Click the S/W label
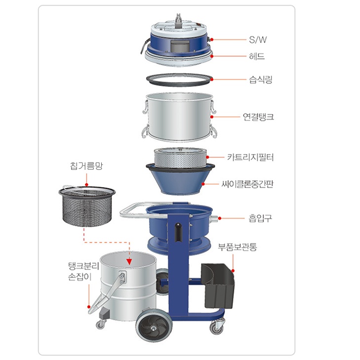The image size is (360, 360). coord(258,40)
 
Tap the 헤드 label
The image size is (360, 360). coord(257,56)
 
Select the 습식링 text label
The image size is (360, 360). coord(261,80)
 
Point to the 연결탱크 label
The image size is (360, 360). coord(258,117)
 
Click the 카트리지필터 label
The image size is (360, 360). coord(250,157)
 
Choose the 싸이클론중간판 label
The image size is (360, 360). coord(247,184)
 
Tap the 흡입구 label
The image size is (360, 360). coord(260,218)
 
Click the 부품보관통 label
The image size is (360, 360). coord(237,247)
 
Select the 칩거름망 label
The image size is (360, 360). coord(86,166)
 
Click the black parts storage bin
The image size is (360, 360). coord(218,286)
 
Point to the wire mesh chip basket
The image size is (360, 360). coord(87,206)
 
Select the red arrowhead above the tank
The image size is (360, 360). coord(129,262)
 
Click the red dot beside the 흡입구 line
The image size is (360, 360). coord(220,218)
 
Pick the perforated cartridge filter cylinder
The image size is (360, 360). coord(180,158)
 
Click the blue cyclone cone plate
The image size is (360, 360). coord(180,180)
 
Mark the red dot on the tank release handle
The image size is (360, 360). coord(89,307)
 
